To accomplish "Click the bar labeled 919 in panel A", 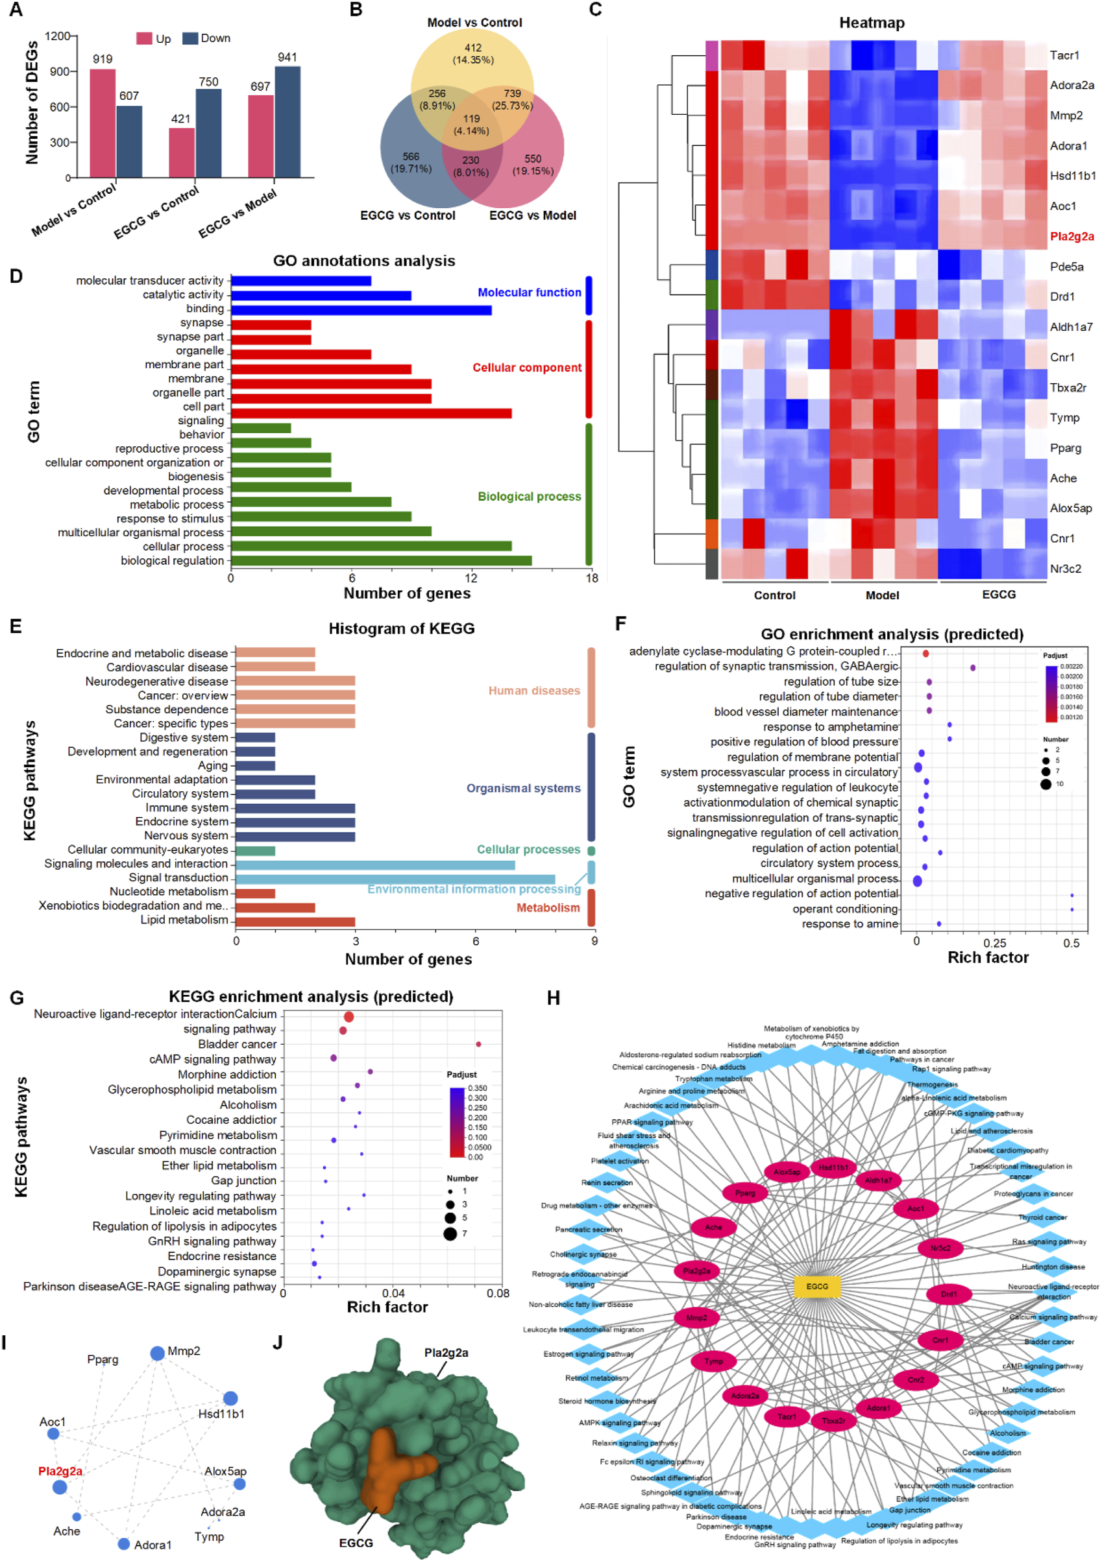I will pos(102,123).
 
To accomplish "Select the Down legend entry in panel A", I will pos(207,38).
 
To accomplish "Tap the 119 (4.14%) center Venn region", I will pos(471,124).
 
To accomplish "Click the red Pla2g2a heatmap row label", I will pos(1071,237).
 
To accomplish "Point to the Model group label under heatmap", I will pos(881,595).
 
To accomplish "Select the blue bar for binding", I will pos(361,310).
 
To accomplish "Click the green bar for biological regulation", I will pos(381,561).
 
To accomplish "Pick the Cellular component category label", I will pos(526,368).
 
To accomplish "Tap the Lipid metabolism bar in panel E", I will pos(295,922).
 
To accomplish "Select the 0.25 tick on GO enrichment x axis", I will pos(994,943).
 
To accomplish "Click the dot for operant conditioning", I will pos(1071,909).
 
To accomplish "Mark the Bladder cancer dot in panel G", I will pos(478,1044).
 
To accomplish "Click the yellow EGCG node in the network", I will pos(817,1286).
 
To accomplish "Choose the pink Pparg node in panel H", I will pos(745,1193).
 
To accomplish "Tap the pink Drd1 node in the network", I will pos(948,1294).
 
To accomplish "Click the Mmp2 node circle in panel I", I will pos(157,1353).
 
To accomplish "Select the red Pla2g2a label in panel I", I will pos(60,1471).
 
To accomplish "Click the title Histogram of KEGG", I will pos(401,628).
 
